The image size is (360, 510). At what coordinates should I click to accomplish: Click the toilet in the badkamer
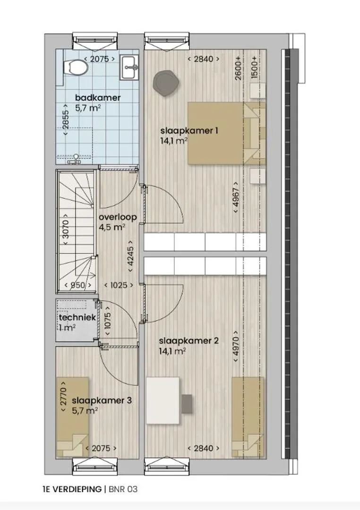[76, 68]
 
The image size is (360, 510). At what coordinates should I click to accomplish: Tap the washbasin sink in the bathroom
[129, 68]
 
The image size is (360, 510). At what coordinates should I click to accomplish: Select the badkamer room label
[98, 97]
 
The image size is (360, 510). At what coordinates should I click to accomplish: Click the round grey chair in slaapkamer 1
[166, 84]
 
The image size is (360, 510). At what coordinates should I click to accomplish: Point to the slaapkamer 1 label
[189, 131]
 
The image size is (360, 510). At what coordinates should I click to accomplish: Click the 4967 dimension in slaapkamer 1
[237, 197]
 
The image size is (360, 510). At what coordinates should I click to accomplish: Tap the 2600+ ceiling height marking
[238, 68]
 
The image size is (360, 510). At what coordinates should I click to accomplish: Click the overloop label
[118, 217]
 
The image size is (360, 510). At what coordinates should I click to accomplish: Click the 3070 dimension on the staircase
[66, 230]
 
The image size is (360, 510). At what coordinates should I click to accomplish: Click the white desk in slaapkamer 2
[163, 400]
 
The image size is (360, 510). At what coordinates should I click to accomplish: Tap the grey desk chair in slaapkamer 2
[187, 402]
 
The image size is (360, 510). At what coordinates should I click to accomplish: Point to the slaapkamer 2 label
[189, 341]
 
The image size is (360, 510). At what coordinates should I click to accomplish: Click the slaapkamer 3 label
[102, 400]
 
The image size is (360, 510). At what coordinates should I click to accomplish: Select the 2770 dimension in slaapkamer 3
[64, 396]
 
